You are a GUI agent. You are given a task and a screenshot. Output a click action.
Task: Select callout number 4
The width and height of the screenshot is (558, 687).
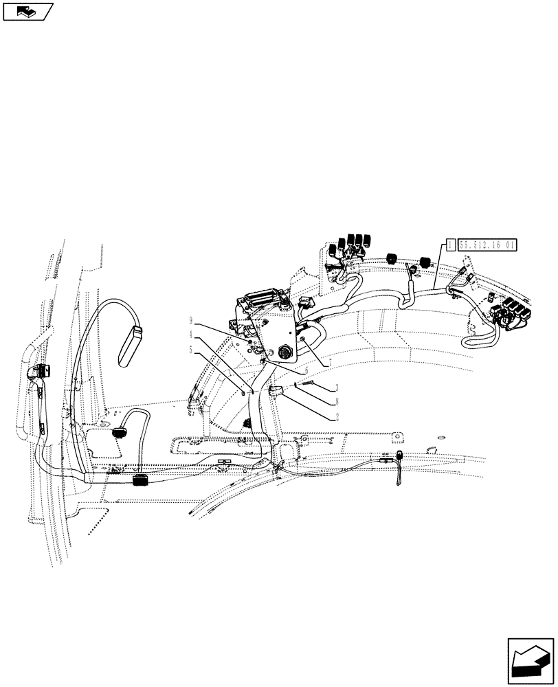click(x=192, y=335)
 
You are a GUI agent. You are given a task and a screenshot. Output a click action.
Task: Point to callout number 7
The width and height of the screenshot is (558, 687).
click(x=331, y=361)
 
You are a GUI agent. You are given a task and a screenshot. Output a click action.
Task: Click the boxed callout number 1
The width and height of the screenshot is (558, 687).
click(x=450, y=243)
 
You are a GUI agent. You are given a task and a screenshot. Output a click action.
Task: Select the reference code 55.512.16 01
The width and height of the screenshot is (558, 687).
click(x=487, y=243)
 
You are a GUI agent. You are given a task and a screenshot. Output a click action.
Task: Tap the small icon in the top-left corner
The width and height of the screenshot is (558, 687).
click(x=27, y=11)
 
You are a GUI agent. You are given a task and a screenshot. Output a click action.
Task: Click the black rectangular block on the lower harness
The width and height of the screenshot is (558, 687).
click(x=142, y=478)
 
